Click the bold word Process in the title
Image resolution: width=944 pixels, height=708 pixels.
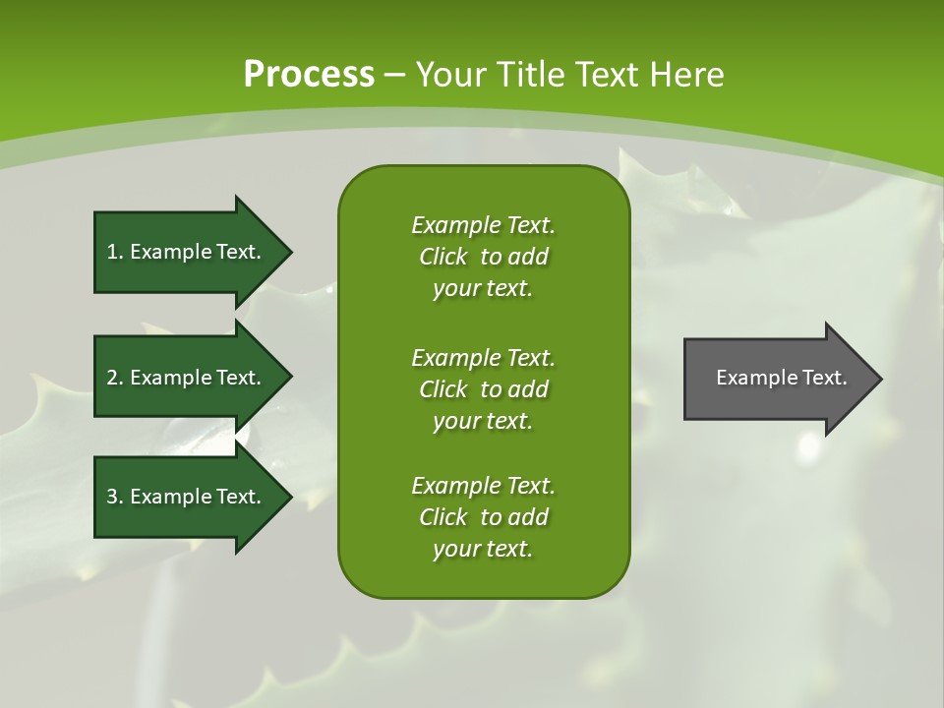[x=309, y=75]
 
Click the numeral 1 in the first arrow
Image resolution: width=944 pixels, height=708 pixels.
[x=112, y=252]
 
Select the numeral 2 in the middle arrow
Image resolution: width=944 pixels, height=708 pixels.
[x=112, y=378]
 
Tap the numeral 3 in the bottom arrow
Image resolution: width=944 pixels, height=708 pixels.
[x=112, y=497]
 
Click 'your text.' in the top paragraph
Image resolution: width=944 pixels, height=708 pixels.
[x=483, y=289]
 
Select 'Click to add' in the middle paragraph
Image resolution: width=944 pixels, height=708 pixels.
[x=483, y=389]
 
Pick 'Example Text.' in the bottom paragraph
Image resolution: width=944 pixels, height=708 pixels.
[x=483, y=486]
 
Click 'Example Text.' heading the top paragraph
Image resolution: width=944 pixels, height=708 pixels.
[x=483, y=225]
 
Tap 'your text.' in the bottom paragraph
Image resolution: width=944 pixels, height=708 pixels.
[x=483, y=549]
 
